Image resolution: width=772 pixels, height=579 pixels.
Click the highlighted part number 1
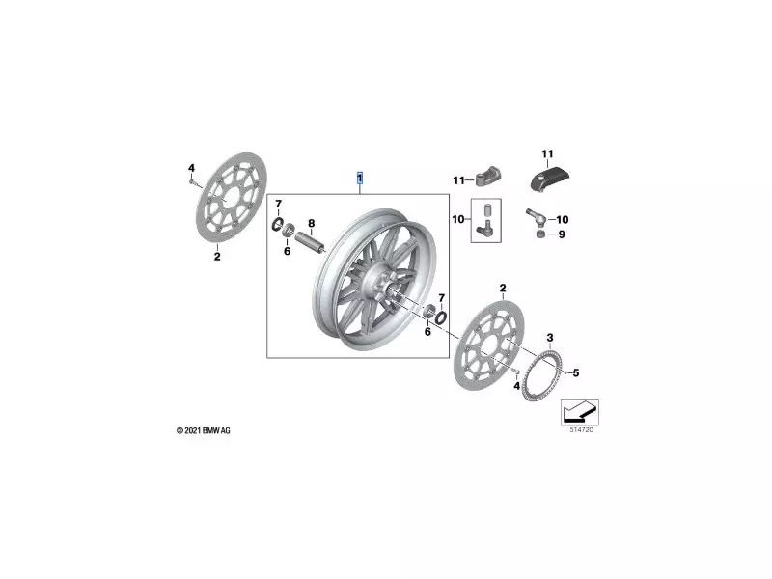pos(360,179)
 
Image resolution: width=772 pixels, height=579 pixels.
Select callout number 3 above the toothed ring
pos(549,337)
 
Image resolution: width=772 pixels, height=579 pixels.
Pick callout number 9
pos(564,234)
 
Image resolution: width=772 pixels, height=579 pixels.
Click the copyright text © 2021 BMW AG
pos(203,430)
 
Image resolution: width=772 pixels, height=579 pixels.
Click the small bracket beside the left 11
pos(486,178)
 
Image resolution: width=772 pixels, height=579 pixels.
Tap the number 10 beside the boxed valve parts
pos(459,220)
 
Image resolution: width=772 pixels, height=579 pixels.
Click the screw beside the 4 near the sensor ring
pos(519,371)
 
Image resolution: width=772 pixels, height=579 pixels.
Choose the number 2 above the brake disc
pos(502,289)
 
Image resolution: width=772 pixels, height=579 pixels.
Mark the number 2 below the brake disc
pos(216,257)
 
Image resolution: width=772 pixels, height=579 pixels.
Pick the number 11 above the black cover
pos(547,154)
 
